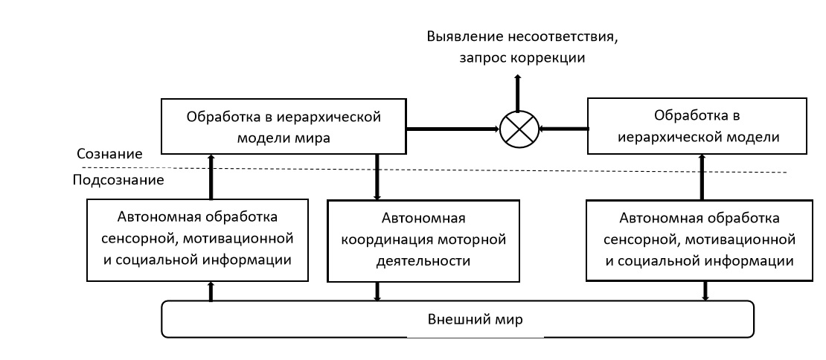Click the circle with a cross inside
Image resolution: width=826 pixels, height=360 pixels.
[518, 129]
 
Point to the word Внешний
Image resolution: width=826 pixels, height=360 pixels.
[455, 321]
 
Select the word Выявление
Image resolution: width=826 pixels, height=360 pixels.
[461, 37]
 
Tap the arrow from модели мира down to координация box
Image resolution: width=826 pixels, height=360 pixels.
[379, 177]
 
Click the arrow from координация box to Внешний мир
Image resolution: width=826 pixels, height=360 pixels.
[379, 292]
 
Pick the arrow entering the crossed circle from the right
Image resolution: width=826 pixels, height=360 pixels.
[562, 129]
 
